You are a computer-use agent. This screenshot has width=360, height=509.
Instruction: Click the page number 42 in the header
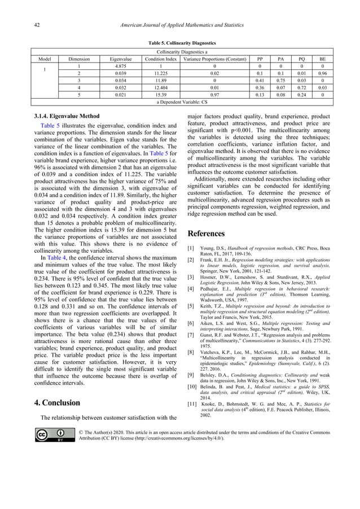pyautogui.click(x=36, y=25)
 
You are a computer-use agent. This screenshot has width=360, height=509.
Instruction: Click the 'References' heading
pyautogui.click(x=205, y=234)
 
